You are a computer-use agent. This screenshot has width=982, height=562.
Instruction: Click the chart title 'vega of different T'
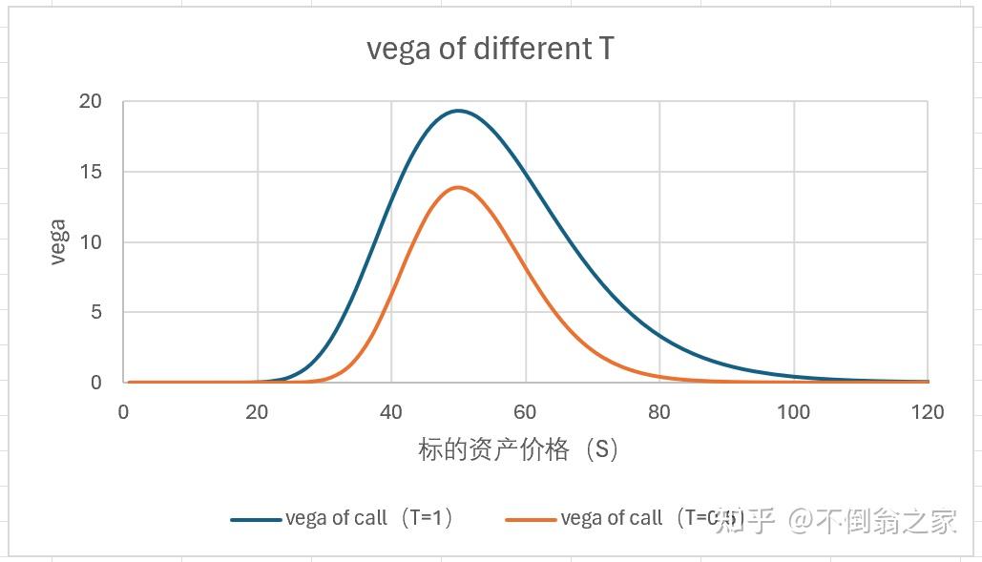tap(490, 49)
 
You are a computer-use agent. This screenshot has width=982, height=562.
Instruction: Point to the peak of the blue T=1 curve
tap(459, 111)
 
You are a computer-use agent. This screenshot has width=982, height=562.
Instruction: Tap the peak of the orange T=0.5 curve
tap(459, 187)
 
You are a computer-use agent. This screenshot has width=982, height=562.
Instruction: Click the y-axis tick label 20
tap(91, 102)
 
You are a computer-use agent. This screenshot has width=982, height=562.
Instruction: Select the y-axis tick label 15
tap(91, 172)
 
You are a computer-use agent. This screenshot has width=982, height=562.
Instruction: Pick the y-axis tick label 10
tap(91, 242)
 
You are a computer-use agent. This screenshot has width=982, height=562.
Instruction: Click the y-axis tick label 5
tap(95, 312)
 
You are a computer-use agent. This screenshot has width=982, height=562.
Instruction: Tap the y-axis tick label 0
tap(95, 383)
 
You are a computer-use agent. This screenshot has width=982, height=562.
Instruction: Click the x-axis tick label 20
tap(257, 412)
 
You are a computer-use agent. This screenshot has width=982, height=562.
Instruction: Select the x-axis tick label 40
tap(391, 412)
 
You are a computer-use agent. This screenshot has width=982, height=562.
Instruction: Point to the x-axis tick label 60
tap(525, 412)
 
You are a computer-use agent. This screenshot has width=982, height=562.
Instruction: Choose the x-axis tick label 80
tap(659, 412)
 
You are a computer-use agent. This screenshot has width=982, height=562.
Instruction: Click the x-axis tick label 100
tap(793, 412)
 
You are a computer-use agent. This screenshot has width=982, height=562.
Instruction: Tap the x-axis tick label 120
tap(927, 412)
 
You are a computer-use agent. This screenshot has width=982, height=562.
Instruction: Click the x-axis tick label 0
tap(123, 412)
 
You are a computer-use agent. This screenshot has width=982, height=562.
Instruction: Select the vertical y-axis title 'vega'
tap(57, 242)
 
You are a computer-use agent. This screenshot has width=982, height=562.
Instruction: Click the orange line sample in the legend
tap(531, 520)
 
